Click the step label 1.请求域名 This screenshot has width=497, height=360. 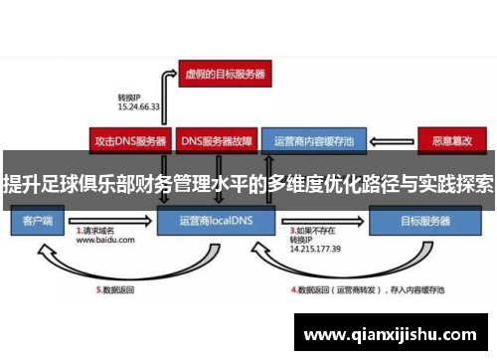(99, 230)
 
